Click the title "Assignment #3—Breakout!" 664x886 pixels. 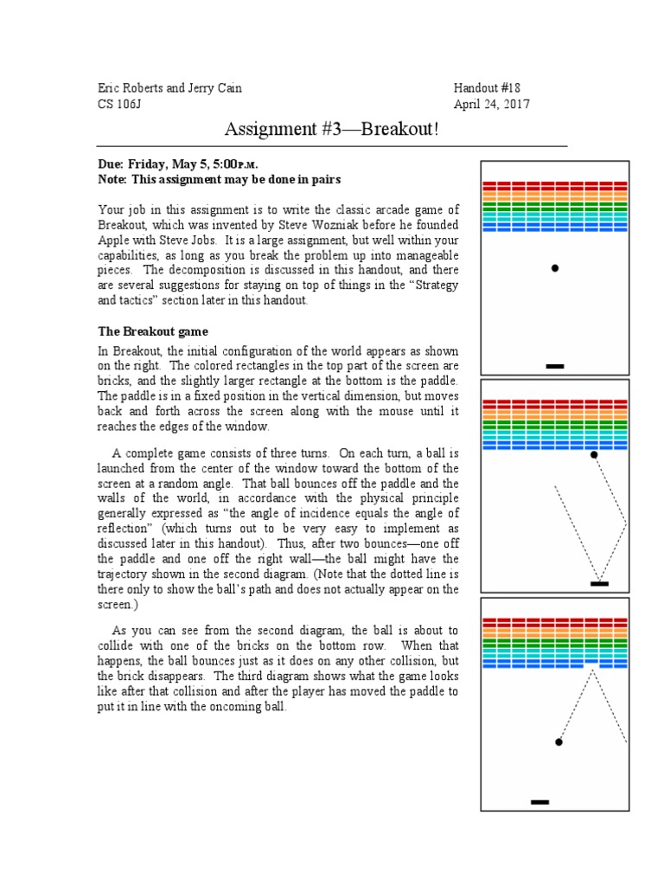point(331,130)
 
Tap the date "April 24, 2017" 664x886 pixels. point(492,105)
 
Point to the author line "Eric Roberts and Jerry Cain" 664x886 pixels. point(169,88)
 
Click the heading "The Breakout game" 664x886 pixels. point(152,331)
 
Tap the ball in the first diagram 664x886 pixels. point(555,268)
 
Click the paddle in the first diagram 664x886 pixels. point(555,367)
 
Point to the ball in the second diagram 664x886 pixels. point(594,454)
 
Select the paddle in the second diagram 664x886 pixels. point(599,584)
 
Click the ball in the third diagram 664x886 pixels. point(559,742)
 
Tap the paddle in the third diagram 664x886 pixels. point(539,803)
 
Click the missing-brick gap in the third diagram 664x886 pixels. point(591,664)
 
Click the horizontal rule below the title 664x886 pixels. point(331,147)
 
